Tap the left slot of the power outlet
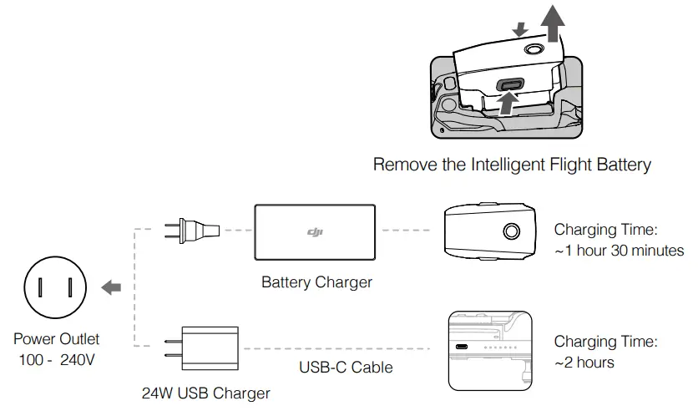click(x=41, y=288)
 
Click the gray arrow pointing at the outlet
click(x=110, y=288)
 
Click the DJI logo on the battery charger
click(x=316, y=233)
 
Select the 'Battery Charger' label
click(x=316, y=282)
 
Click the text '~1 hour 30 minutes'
click(x=619, y=251)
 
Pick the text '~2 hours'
click(x=584, y=363)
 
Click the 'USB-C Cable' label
click(x=346, y=368)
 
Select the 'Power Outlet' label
click(x=56, y=339)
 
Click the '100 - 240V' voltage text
click(x=56, y=360)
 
